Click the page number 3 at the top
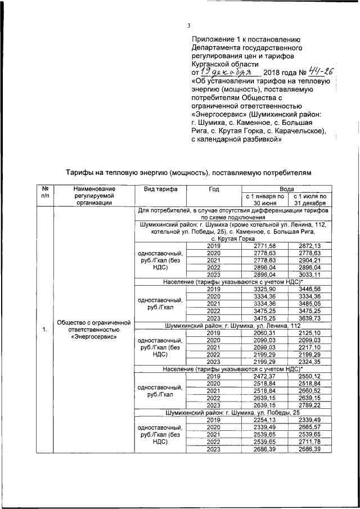point(189,25)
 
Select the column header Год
point(214,190)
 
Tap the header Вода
point(286,190)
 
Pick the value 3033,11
point(309,275)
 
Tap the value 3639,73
point(309,318)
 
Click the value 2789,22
point(309,405)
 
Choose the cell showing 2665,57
point(309,427)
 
